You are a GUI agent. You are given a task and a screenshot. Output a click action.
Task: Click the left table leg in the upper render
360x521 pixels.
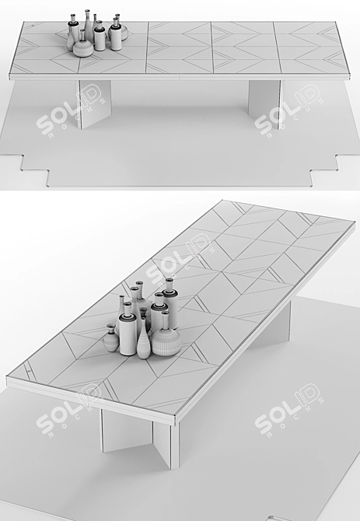coord(94,103)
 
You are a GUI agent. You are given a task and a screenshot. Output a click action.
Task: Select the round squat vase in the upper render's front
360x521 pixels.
coord(83,48)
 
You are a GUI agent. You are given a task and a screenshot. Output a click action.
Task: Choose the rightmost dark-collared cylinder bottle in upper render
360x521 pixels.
coord(116,35)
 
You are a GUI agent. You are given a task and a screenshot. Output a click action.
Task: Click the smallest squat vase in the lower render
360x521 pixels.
coord(110,337)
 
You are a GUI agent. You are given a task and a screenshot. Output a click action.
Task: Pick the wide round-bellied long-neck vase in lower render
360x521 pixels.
coord(166,336)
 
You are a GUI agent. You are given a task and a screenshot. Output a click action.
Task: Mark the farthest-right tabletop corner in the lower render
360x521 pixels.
coord(355,224)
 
